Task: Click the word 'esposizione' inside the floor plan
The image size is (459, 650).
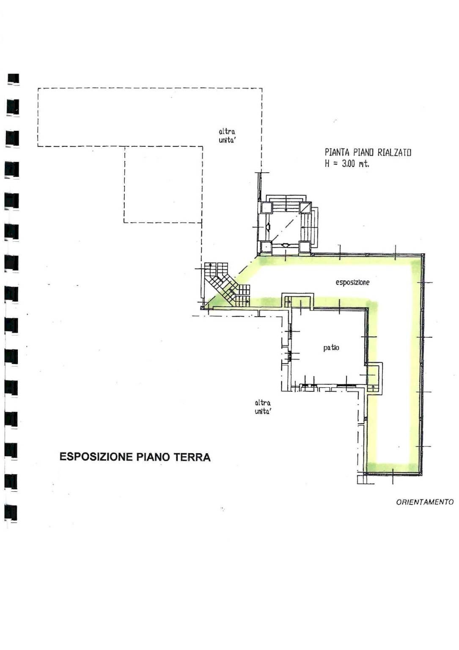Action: [x=352, y=282]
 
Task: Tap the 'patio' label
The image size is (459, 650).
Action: [x=331, y=348]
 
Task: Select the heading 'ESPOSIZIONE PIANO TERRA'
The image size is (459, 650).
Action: [x=135, y=457]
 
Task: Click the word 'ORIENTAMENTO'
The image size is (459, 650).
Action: [x=425, y=502]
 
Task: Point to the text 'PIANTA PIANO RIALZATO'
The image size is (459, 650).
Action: [x=368, y=152]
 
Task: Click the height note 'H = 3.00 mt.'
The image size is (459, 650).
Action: [x=347, y=164]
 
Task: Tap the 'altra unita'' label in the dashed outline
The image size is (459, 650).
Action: [x=227, y=136]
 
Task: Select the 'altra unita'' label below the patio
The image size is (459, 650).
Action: [x=263, y=407]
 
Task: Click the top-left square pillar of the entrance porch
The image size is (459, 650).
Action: [x=267, y=208]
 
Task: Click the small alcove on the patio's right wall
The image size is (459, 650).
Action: [x=374, y=378]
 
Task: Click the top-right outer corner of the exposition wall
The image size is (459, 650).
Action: [x=423, y=254]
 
